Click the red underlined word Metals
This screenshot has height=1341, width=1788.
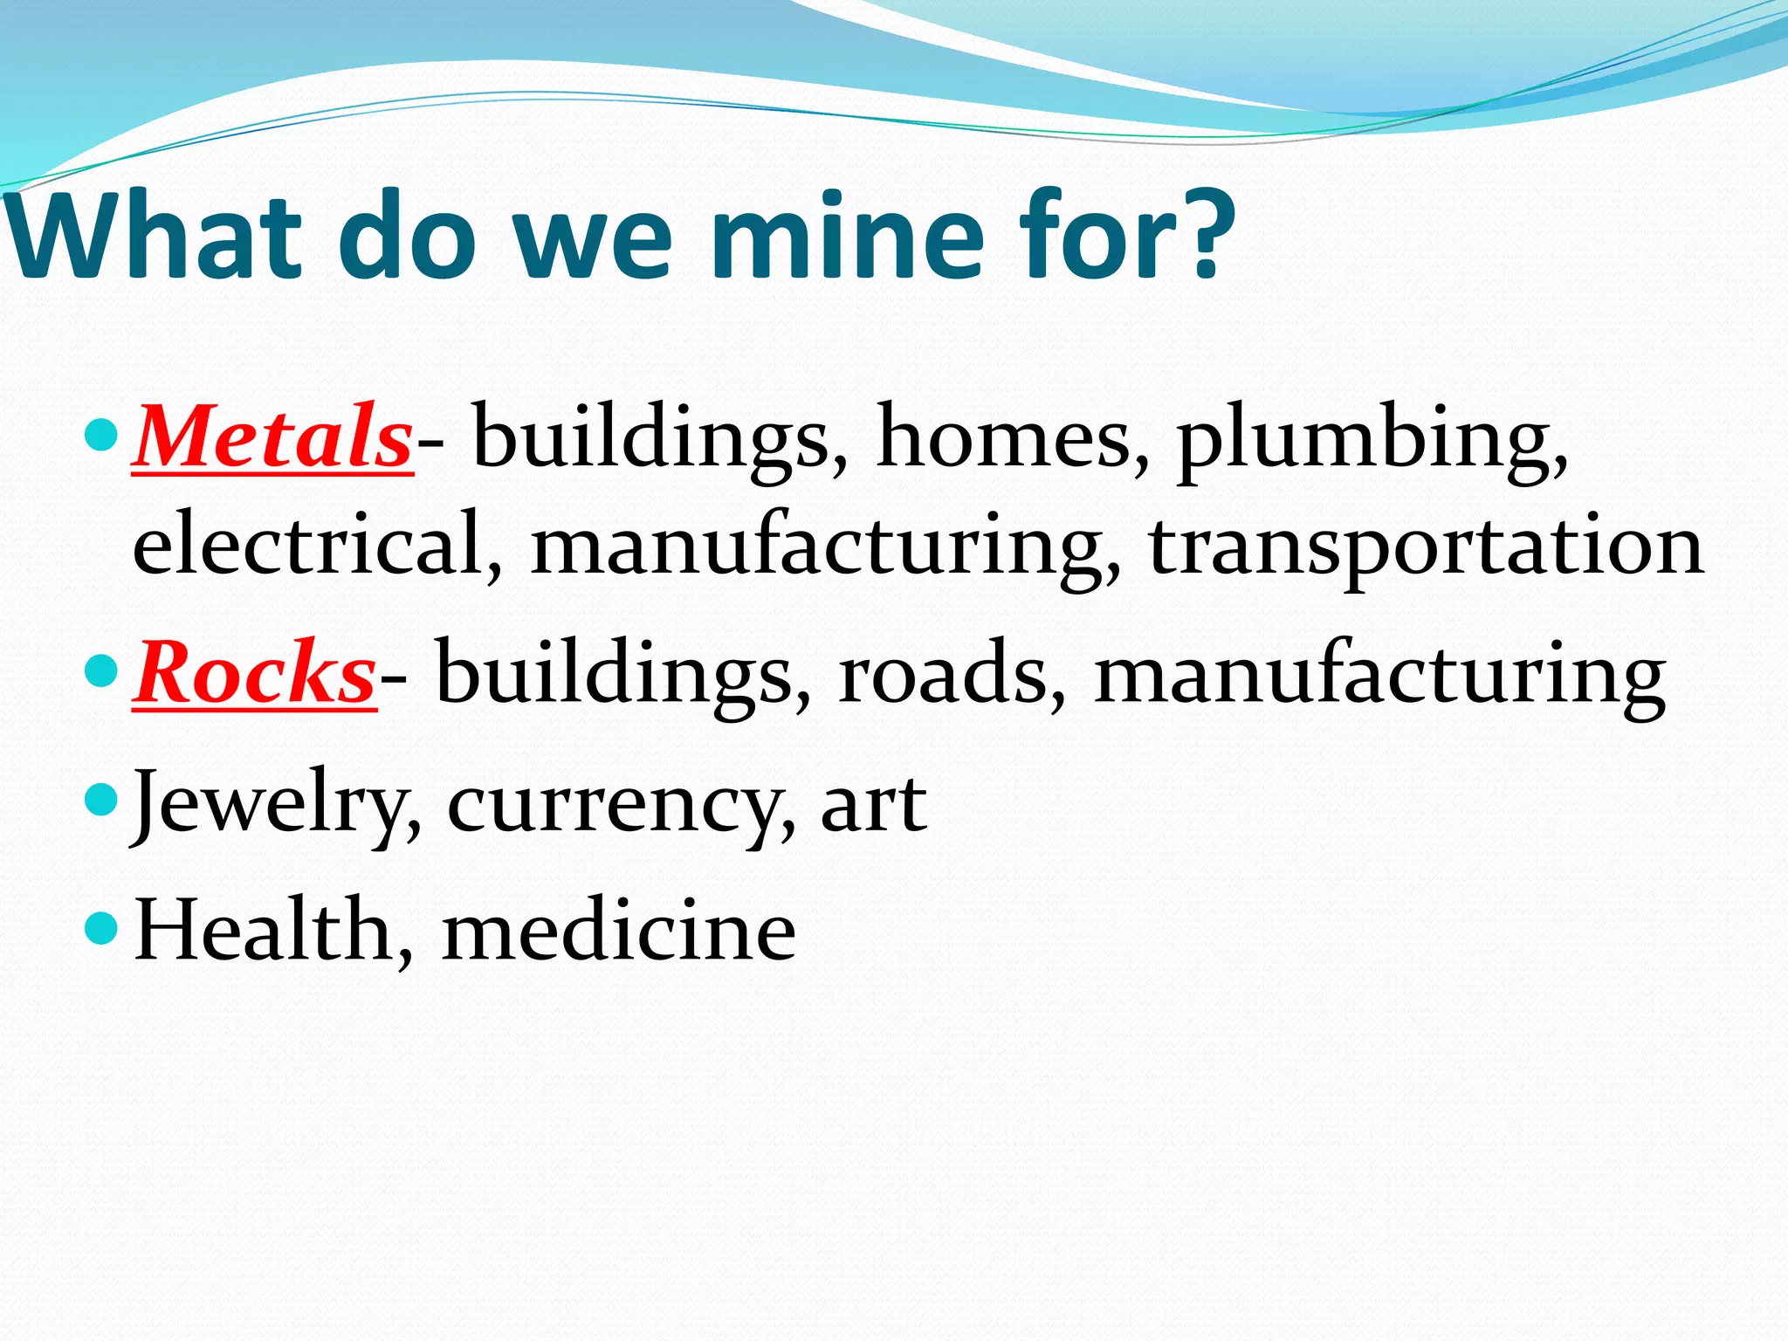tap(272, 437)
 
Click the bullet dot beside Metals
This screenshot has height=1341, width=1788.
tap(102, 434)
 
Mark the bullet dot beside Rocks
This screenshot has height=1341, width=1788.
tap(102, 670)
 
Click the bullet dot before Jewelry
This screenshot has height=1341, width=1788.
tap(102, 798)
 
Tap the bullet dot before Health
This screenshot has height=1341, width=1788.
tap(102, 927)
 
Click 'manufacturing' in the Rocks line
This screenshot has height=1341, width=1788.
tap(1379, 677)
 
